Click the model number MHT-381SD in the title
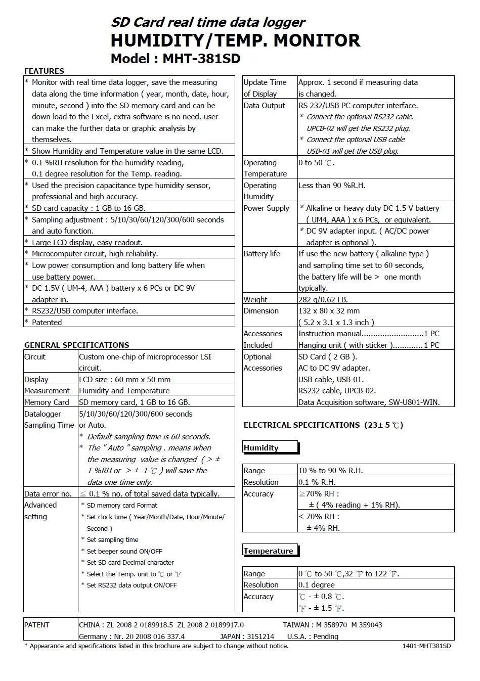(201, 59)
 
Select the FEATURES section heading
(44, 71)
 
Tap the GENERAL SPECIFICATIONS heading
(76, 345)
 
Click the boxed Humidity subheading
(261, 447)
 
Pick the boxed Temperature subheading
(268, 551)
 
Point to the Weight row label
(255, 299)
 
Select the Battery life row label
(261, 253)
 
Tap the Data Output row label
(264, 105)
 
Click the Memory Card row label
(47, 402)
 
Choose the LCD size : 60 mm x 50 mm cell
(124, 379)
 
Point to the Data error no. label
(48, 493)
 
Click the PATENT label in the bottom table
(37, 624)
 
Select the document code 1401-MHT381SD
(426, 646)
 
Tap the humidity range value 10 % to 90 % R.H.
(330, 470)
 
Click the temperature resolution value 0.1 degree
(316, 584)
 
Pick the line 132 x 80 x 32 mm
(329, 310)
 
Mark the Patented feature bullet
(47, 322)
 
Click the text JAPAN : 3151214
(247, 636)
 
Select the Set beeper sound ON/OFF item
(124, 551)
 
